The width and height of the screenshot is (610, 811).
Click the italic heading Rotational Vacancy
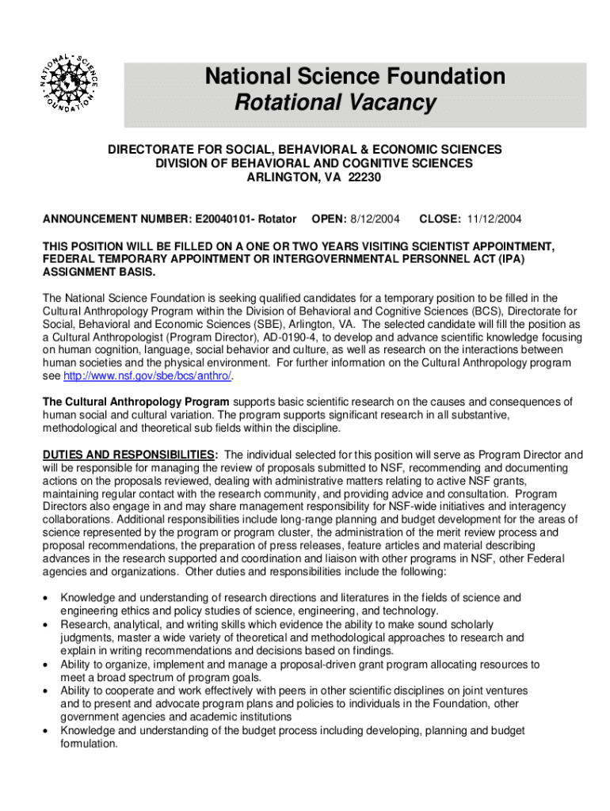pos(335,102)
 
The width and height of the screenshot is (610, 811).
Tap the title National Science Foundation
pos(355,76)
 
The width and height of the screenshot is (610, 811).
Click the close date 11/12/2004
pos(494,219)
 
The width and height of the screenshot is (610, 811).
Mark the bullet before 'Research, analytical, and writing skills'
pos(48,625)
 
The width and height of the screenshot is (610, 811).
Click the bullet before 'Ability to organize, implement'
pos(48,665)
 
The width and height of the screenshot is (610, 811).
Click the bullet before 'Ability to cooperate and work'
pos(48,691)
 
